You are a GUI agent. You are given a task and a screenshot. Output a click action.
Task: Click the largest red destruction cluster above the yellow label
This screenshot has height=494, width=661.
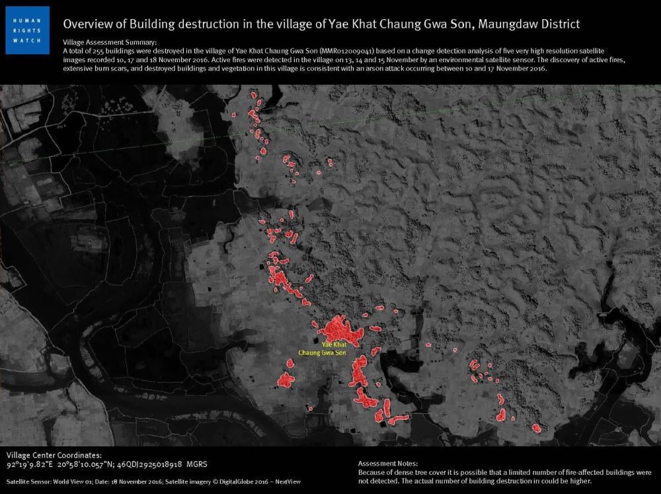tap(340, 329)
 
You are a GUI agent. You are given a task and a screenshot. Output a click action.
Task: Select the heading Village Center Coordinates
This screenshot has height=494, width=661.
tap(54, 456)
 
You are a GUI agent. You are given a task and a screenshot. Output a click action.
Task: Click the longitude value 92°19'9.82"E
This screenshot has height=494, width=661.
tap(30, 465)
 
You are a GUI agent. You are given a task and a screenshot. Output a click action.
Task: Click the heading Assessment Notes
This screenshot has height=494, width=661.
tap(388, 464)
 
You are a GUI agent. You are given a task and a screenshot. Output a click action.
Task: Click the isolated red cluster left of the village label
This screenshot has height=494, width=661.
tap(286, 380)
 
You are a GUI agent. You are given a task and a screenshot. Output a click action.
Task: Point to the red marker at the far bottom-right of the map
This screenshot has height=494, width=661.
tap(536, 428)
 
